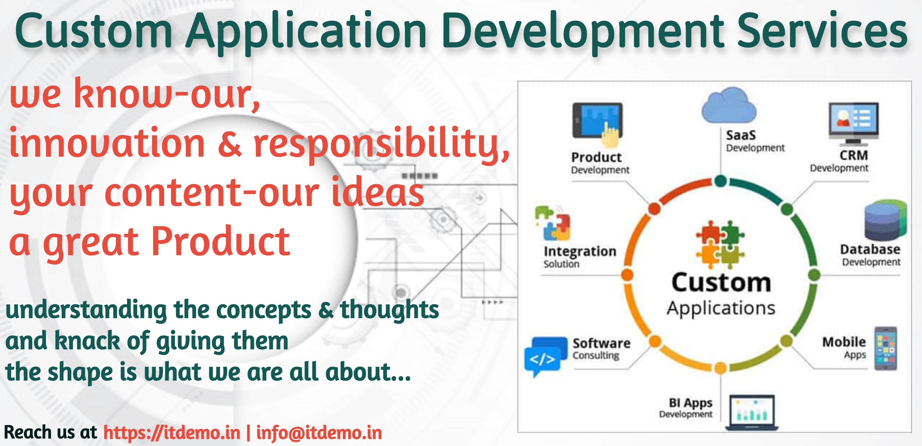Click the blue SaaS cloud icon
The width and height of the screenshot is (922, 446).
click(x=729, y=106)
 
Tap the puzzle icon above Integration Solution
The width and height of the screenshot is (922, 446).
click(x=552, y=223)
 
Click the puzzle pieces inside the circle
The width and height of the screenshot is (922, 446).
click(x=720, y=244)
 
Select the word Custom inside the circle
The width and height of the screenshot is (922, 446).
click(x=721, y=283)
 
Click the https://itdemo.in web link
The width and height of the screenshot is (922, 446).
click(x=172, y=433)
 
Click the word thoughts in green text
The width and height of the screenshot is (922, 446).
click(x=389, y=310)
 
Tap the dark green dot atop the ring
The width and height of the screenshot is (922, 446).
click(x=721, y=181)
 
